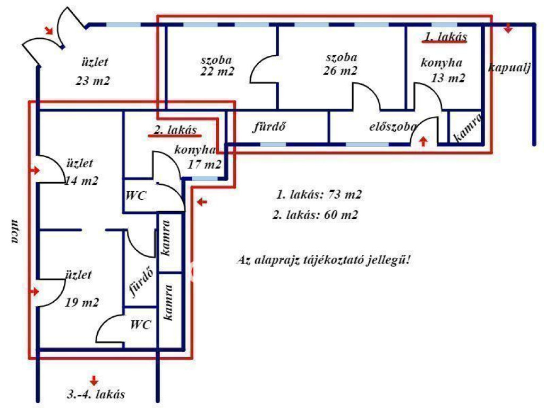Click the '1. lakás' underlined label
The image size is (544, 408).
(x=445, y=37)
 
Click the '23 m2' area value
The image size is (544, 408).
(x=95, y=81)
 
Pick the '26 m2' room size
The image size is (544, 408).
(x=340, y=71)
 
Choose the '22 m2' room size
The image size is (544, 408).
(x=218, y=71)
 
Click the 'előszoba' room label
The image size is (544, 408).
(x=392, y=127)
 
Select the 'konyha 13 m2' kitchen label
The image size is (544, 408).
(x=442, y=71)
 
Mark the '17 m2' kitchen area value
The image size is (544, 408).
(x=205, y=165)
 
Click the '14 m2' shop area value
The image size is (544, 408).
(x=82, y=181)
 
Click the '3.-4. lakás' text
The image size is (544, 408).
(x=96, y=395)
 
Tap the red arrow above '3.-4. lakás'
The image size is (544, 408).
(x=94, y=380)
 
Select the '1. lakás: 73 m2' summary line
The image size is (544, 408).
(x=319, y=194)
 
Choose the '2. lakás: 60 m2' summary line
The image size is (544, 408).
(x=314, y=215)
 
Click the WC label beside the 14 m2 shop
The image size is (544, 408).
(x=136, y=195)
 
